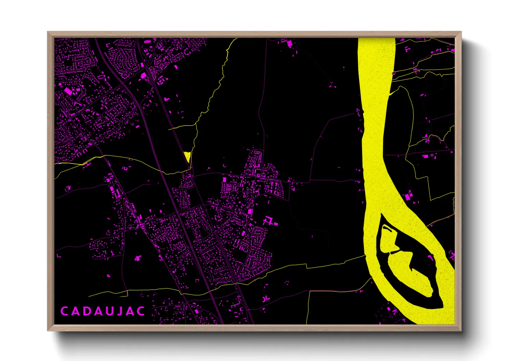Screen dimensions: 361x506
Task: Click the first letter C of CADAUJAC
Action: (64, 311)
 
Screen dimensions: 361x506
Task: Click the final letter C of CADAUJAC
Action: (141, 311)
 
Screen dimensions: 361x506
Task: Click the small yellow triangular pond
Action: (187, 156)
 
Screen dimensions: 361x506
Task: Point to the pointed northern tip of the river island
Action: (381, 215)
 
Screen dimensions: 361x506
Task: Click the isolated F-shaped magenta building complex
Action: (269, 221)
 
